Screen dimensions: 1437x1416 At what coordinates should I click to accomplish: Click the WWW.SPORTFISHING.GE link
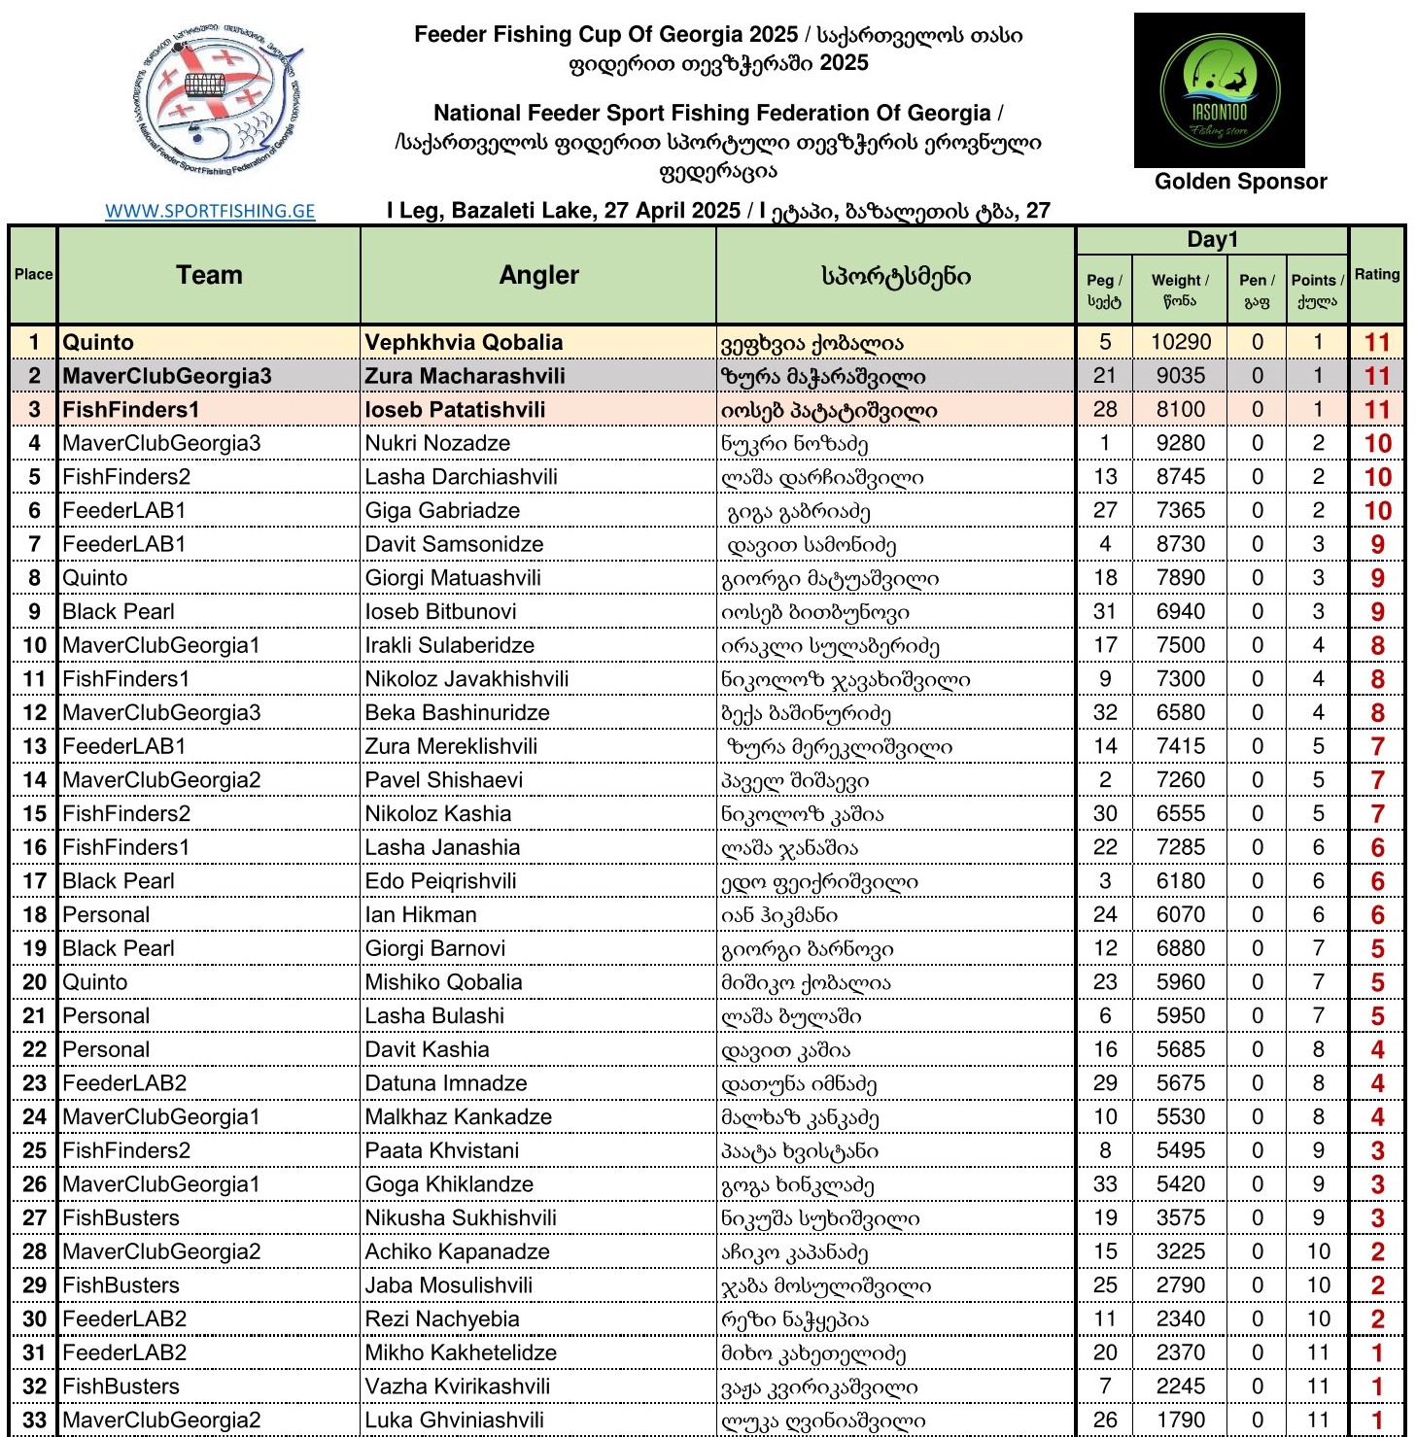click(210, 211)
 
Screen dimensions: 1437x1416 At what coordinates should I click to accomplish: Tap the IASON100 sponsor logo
click(1219, 90)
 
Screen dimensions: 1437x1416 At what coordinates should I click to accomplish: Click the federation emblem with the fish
click(215, 100)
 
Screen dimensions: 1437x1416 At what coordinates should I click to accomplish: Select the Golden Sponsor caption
click(1240, 182)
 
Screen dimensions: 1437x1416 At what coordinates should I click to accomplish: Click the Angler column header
click(538, 276)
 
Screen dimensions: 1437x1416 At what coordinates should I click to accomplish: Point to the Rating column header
click(1377, 275)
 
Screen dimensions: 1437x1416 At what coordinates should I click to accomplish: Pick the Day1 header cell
click(1212, 240)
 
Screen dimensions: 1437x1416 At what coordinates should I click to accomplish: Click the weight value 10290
click(1181, 342)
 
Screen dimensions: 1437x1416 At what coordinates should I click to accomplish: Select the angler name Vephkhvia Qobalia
click(464, 342)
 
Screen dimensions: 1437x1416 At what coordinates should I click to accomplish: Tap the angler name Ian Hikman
click(421, 914)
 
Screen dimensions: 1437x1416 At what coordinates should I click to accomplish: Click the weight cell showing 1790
click(1181, 1420)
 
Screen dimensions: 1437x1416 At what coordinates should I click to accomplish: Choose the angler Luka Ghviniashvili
click(454, 1420)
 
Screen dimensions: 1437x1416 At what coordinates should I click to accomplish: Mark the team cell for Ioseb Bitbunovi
click(119, 611)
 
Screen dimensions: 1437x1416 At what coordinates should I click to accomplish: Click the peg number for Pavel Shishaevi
click(1105, 780)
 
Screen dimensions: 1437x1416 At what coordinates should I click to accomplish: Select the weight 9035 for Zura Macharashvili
click(1181, 376)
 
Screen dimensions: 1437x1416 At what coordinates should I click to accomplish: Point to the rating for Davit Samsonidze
click(1377, 544)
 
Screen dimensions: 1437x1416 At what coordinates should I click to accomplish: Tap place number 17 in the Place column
click(34, 881)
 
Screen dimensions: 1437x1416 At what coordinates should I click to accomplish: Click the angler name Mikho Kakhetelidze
click(461, 1352)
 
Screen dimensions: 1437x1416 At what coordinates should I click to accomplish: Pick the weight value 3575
click(1181, 1217)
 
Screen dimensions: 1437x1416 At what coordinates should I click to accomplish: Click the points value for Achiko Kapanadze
click(1318, 1251)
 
